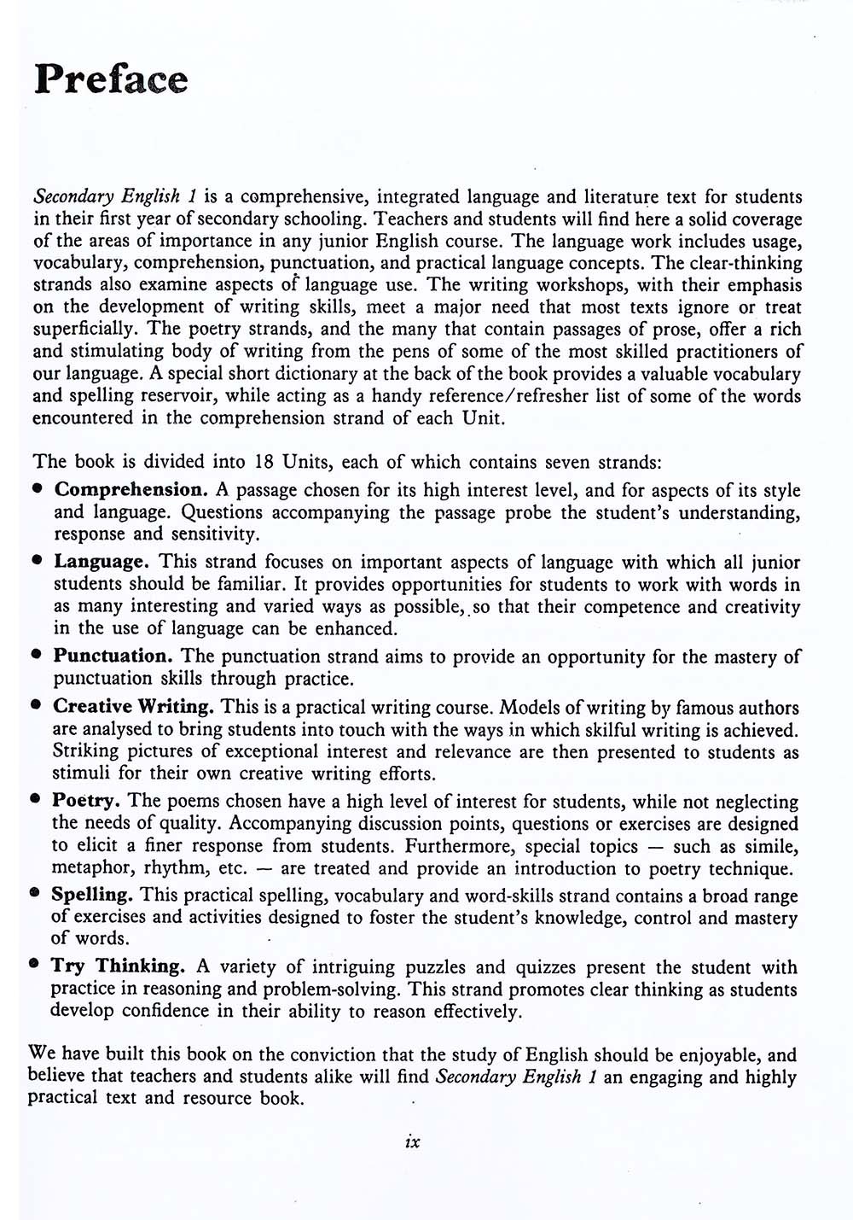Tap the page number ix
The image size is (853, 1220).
413,1141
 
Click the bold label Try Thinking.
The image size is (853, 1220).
118,966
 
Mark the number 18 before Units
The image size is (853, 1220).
264,462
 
